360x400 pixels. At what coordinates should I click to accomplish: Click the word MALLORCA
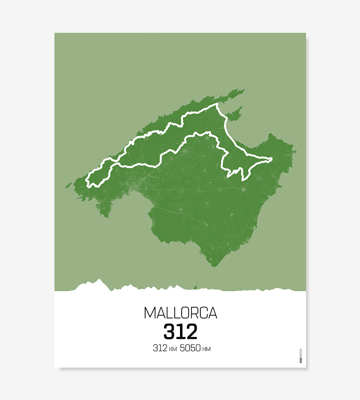click(180, 313)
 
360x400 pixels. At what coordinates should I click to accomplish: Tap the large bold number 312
click(180, 331)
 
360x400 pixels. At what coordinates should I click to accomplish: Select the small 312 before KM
click(160, 348)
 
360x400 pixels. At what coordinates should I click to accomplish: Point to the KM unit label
click(173, 349)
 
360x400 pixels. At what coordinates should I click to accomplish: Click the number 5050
click(190, 348)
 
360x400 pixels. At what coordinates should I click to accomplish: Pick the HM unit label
click(206, 349)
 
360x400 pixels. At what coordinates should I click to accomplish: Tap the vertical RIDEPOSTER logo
click(301, 356)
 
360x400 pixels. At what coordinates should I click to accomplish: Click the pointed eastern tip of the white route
click(272, 159)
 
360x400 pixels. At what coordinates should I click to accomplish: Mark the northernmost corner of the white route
click(218, 104)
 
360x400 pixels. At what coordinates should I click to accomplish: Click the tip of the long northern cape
click(243, 90)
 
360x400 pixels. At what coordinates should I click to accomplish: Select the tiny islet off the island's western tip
click(69, 185)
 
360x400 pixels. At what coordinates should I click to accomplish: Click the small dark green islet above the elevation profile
click(196, 286)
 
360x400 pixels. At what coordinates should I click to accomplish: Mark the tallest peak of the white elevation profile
click(98, 280)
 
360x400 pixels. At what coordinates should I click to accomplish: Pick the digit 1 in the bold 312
click(180, 331)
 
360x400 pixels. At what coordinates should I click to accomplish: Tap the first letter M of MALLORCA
click(149, 313)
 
